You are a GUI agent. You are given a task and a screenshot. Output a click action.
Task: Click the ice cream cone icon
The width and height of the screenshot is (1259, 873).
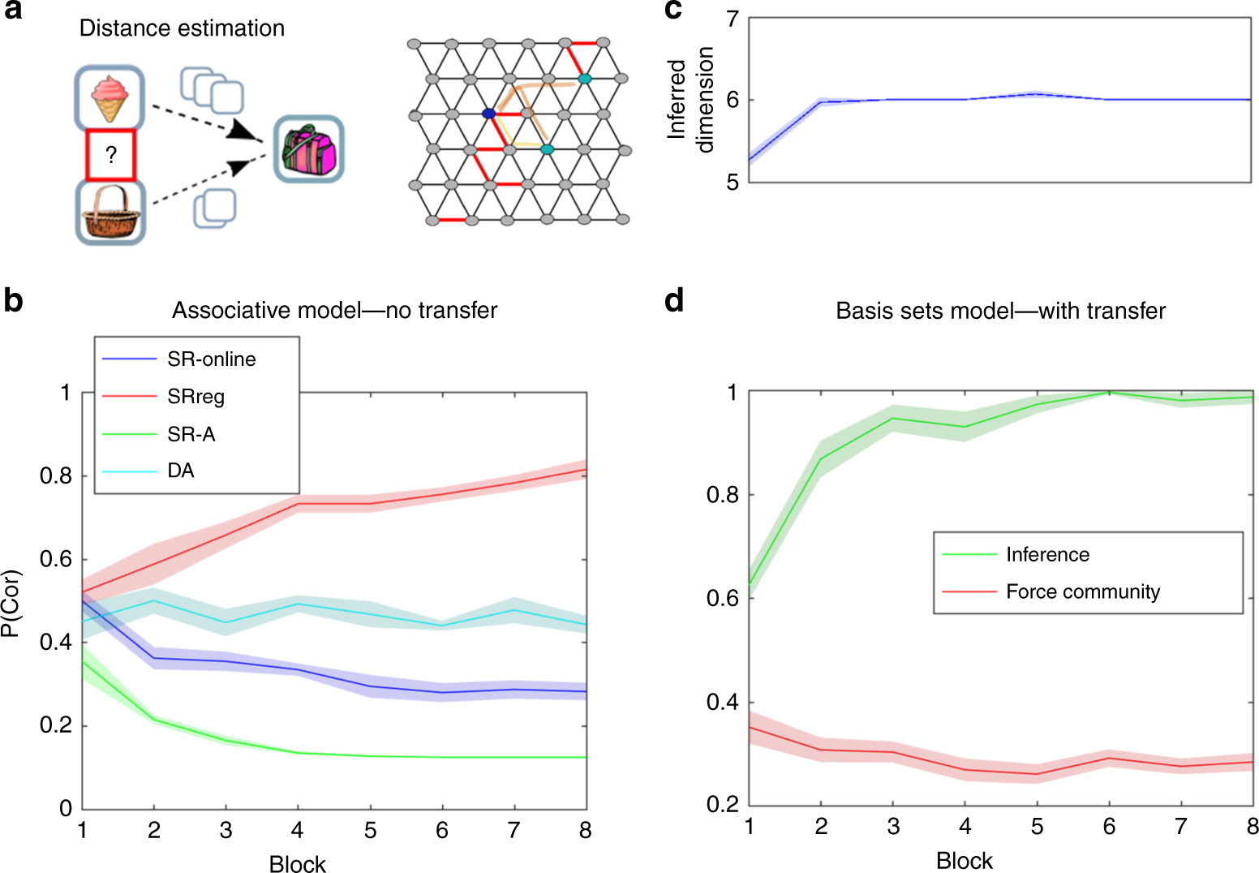[110, 98]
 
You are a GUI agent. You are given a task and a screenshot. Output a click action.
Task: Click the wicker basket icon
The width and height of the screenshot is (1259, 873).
[111, 213]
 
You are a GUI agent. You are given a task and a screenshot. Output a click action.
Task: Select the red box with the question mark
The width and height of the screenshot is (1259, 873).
[111, 155]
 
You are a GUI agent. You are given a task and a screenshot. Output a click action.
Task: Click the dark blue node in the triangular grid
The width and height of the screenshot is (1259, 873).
[488, 114]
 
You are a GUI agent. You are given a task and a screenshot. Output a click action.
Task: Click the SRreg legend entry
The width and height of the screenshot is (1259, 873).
[196, 397]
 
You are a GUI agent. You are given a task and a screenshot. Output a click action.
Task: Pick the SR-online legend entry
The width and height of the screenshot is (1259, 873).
[211, 359]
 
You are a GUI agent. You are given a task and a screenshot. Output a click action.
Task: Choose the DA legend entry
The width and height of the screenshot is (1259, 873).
[180, 471]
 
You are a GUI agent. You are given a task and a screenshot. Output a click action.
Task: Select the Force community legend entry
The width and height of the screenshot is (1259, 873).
[1082, 591]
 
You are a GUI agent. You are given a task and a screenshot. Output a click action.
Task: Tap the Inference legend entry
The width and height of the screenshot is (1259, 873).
[1047, 554]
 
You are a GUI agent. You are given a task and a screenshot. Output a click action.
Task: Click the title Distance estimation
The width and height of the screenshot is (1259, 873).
[182, 28]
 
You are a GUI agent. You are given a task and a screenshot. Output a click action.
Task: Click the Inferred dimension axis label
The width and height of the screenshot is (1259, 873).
[690, 98]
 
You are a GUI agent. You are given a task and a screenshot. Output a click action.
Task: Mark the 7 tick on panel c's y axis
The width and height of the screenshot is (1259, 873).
[733, 19]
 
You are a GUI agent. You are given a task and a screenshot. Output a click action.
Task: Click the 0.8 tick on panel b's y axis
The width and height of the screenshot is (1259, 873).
[55, 476]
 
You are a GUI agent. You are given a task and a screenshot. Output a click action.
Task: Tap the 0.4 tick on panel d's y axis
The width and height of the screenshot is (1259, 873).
[722, 703]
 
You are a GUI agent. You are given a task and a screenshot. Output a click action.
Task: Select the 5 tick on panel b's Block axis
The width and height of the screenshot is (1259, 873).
[371, 831]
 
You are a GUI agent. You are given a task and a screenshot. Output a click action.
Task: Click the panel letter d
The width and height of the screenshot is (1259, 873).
[674, 301]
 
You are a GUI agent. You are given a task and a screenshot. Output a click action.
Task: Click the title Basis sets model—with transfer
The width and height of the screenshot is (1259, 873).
[1000, 311]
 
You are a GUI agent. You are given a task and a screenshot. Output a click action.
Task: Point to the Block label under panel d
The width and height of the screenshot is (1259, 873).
[964, 861]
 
